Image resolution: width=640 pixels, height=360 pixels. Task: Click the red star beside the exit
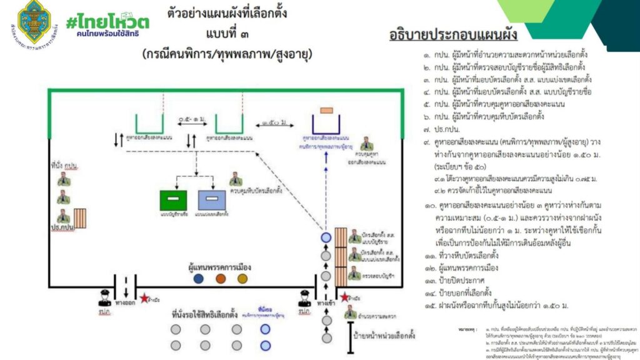(145, 299)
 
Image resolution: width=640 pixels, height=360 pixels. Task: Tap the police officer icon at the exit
(104, 297)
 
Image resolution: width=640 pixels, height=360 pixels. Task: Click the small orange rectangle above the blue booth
(326, 111)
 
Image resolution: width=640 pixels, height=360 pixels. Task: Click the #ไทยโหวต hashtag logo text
(107, 21)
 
